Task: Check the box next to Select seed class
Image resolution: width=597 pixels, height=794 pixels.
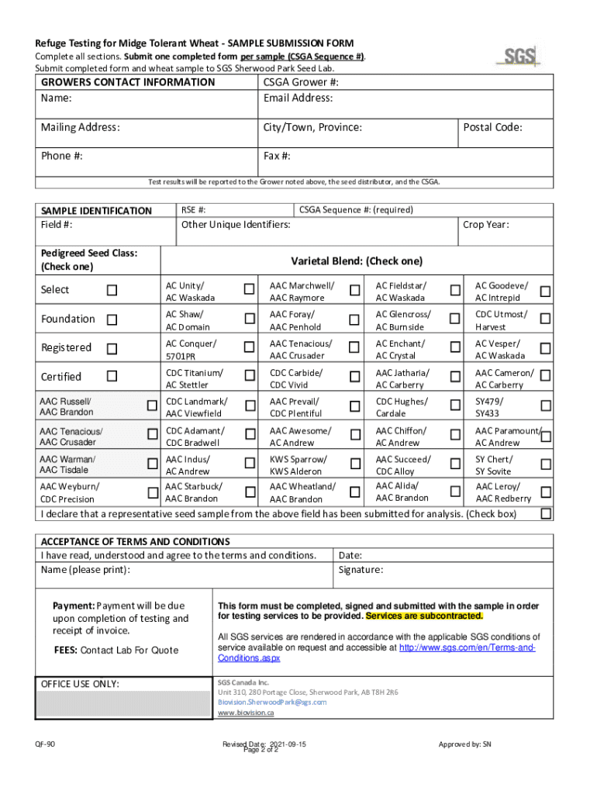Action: pos(112,290)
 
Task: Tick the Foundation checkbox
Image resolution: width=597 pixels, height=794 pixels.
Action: pos(112,319)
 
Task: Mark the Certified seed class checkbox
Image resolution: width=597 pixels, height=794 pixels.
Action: pos(112,377)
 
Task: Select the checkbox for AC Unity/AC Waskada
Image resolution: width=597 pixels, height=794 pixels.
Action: pos(249,290)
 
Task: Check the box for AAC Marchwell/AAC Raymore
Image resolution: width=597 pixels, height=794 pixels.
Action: pos(354,290)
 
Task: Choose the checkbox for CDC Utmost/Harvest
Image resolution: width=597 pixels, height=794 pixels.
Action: pos(546,319)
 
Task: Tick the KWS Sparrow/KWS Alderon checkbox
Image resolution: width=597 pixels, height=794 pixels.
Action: pos(354,464)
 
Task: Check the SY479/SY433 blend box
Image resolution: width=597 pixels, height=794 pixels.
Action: pos(546,406)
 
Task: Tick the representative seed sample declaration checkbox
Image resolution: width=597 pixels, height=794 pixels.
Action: pos(546,513)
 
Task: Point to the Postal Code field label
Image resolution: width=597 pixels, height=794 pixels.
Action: pos(493,127)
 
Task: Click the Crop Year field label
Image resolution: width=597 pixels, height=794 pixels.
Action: pos(485,225)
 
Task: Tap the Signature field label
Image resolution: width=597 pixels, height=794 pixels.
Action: pos(361,570)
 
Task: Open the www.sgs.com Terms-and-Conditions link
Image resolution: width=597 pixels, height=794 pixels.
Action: pos(466,647)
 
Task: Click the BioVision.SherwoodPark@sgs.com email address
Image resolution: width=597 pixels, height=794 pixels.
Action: pos(272,702)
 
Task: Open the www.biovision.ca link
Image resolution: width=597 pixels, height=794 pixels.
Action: pos(246,712)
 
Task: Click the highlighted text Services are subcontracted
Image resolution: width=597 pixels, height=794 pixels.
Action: pos(424,616)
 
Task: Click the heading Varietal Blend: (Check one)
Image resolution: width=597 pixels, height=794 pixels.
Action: pos(357,261)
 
